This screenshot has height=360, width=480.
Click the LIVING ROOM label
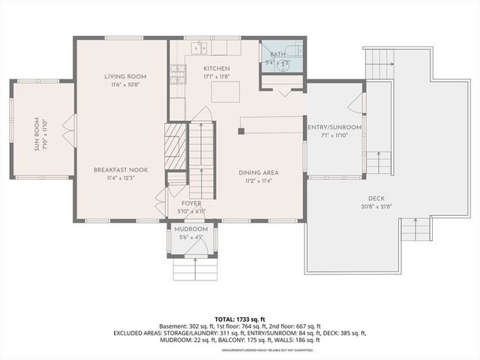tap(124, 76)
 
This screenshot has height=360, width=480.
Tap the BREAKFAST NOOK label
tap(120, 170)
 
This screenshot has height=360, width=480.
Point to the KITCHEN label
tap(217, 69)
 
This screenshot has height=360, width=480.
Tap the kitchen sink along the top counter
tap(199, 48)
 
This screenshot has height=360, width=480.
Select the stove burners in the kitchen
tap(178, 73)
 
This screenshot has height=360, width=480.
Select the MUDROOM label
tap(191, 229)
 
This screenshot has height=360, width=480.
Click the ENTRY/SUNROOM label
tap(334, 127)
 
